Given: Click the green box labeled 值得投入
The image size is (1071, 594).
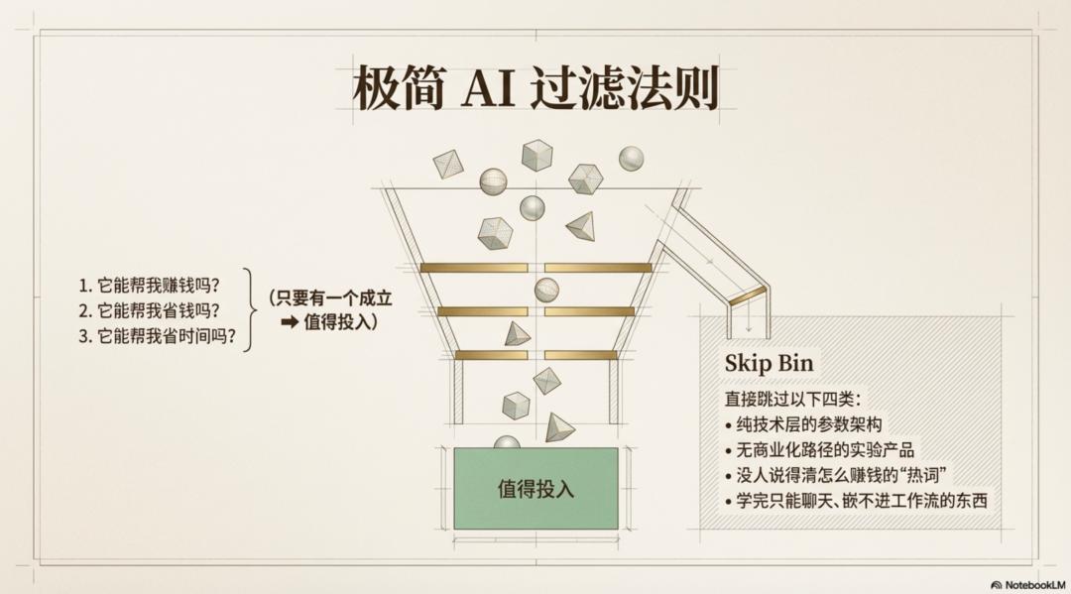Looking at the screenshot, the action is tap(536, 488).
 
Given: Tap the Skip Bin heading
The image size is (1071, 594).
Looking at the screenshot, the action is tap(770, 363).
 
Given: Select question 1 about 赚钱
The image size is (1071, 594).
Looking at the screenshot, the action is tap(150, 285).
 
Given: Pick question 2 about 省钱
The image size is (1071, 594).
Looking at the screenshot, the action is tap(150, 310).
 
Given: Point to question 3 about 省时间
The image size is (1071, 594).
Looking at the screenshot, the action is tap(157, 336).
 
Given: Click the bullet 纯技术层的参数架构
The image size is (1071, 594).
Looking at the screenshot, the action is tap(804, 424).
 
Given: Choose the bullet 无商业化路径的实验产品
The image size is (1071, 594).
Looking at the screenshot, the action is tap(820, 450).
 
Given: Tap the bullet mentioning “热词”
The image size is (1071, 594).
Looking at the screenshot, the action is tap(836, 475).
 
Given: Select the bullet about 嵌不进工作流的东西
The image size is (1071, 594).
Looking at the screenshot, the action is tap(857, 501).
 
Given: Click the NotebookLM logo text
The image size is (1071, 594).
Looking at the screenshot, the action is tap(1028, 585).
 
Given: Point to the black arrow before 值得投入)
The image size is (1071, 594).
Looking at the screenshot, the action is tap(290, 321).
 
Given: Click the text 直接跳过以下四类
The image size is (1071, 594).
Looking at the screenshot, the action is tap(793, 400).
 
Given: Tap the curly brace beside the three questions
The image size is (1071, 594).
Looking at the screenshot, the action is tap(250, 310).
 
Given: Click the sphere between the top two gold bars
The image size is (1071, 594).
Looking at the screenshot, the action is tap(546, 291).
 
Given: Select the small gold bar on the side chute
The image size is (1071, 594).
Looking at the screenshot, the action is tap(748, 295).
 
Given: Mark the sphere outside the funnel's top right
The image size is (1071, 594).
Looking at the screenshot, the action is tap(631, 159).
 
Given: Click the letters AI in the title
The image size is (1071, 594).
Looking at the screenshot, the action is tap(488, 88).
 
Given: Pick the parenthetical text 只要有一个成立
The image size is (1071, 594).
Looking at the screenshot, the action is tap(330, 297).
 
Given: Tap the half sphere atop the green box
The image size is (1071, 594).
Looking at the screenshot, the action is tap(507, 441).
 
